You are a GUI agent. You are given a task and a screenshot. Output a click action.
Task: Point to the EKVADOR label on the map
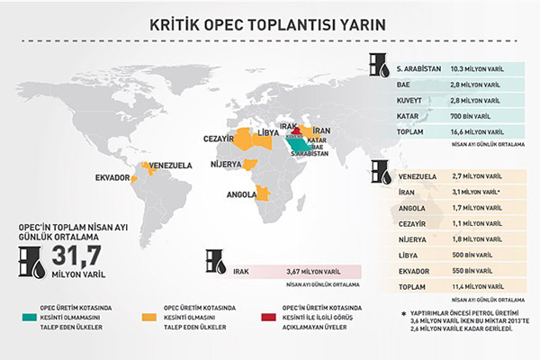(112, 178)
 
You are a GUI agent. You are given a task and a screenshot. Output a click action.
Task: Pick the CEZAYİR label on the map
(219, 139)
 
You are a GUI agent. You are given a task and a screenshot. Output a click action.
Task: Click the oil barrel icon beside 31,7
(29, 258)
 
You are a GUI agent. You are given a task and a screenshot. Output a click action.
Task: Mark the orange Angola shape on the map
(264, 193)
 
